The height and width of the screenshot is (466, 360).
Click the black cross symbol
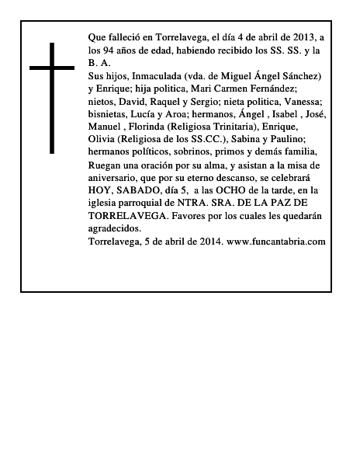point(53,97)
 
